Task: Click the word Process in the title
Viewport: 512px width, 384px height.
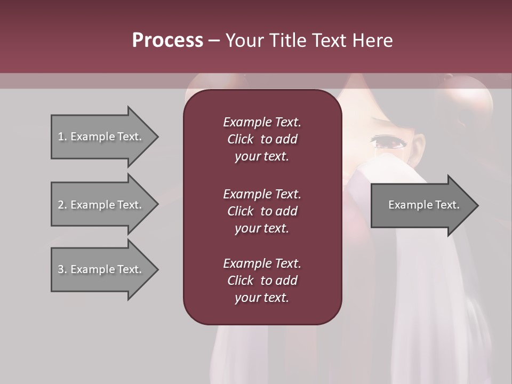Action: tap(167, 40)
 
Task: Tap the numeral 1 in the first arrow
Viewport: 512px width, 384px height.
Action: tap(61, 137)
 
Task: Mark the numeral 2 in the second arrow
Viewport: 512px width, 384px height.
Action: tap(61, 205)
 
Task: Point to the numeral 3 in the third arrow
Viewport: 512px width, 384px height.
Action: tap(61, 269)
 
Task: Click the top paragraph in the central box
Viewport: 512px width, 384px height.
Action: tap(262, 139)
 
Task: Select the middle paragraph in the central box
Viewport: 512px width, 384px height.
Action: tap(262, 211)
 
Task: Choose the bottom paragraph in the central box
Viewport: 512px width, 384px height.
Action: tap(262, 281)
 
